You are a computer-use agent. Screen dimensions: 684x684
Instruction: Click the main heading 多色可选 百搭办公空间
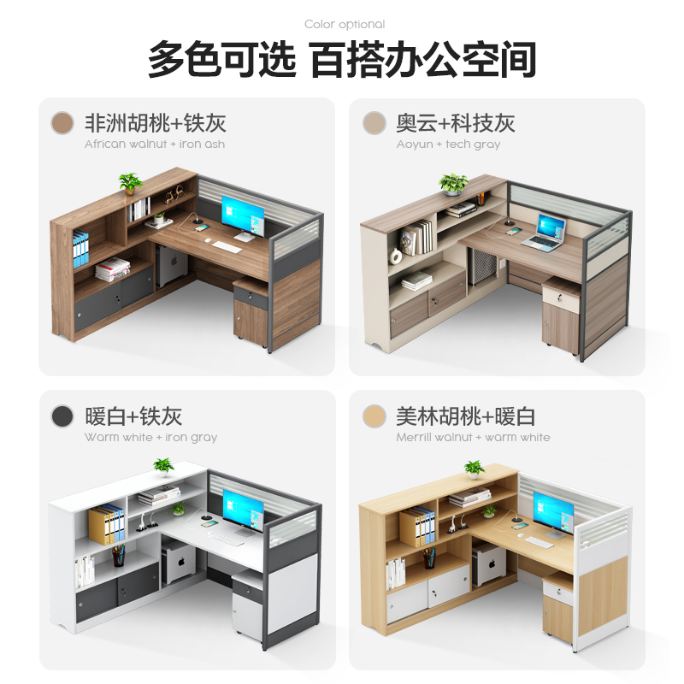(x=342, y=61)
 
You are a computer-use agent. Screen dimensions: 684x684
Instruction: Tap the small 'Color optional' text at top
(x=345, y=24)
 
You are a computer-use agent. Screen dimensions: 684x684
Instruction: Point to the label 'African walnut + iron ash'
(x=155, y=144)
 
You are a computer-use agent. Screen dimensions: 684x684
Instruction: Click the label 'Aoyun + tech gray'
(x=448, y=144)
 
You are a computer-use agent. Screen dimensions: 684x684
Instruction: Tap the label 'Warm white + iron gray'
(x=150, y=437)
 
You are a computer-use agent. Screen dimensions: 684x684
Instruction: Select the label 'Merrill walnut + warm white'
(x=473, y=437)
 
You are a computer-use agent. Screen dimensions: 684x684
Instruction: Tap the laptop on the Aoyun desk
(x=545, y=233)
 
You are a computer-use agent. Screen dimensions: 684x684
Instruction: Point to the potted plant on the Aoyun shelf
(x=453, y=183)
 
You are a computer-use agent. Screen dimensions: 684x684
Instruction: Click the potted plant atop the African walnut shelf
(x=130, y=183)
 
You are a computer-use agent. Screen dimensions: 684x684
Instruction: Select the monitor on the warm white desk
(x=243, y=508)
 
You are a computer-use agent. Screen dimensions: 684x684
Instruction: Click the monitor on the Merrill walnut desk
(x=553, y=510)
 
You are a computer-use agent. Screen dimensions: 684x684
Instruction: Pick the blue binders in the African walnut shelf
(x=80, y=251)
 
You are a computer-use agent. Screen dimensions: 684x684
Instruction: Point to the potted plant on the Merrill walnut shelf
(x=474, y=469)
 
